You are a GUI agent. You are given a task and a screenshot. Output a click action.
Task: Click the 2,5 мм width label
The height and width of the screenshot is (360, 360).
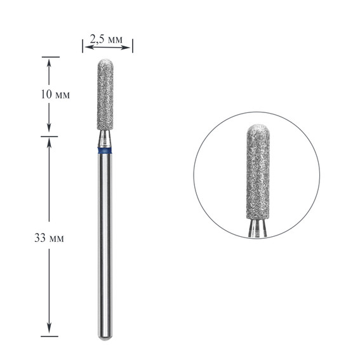(107, 39)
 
